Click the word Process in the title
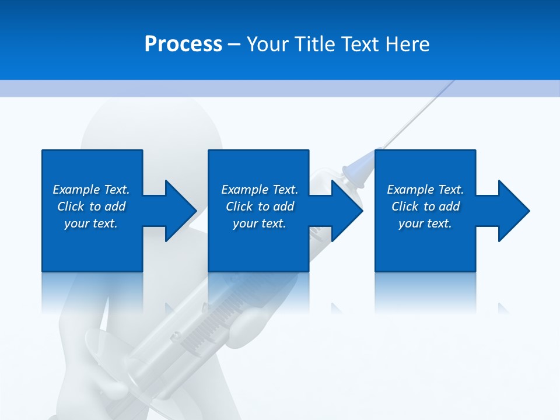click(183, 44)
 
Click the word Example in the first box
click(76, 190)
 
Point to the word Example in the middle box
click(244, 190)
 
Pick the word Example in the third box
click(410, 190)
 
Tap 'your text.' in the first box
click(91, 223)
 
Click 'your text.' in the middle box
click(260, 223)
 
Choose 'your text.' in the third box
click(425, 223)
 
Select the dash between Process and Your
click(234, 44)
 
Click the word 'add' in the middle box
click(283, 206)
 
